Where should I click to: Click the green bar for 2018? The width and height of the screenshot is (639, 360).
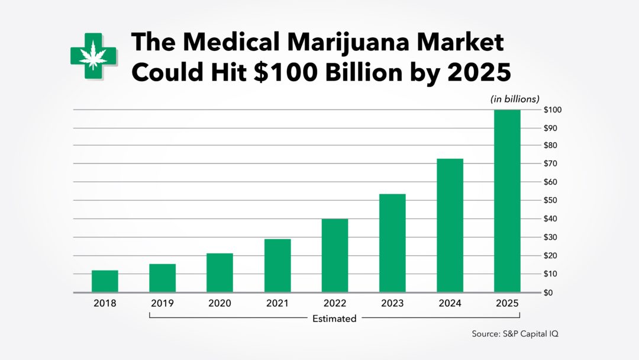point(105,281)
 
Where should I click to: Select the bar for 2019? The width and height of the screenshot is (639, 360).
point(162,278)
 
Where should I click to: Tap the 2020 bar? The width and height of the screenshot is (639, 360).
point(220,273)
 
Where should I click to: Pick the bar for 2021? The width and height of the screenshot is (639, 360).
point(277,266)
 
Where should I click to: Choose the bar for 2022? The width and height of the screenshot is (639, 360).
point(335,256)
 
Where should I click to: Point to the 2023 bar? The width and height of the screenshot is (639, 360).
point(392,243)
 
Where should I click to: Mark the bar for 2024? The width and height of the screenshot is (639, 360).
point(450,226)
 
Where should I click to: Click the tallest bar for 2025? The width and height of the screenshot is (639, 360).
point(507,201)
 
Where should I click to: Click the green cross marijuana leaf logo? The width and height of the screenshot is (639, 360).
point(93,56)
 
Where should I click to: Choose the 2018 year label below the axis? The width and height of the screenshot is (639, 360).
point(105,304)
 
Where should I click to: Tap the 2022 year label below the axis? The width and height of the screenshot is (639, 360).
point(335,304)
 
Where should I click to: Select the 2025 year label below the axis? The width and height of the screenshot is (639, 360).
point(507,304)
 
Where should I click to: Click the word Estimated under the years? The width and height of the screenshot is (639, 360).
point(334,319)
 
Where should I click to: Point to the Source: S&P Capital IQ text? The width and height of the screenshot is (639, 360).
point(515,334)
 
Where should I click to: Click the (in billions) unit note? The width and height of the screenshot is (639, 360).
point(515,99)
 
